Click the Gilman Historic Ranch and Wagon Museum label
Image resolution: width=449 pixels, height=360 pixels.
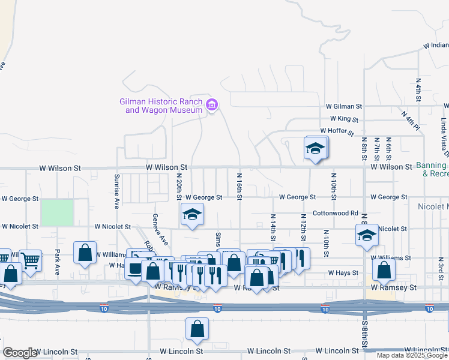pos(161,106)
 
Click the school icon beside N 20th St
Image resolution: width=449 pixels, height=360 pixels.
pos(191,215)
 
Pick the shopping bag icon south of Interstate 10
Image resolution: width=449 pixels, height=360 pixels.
pos(197,329)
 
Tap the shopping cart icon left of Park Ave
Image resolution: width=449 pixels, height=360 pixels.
pos(30,260)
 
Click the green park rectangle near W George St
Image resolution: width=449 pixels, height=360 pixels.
pos(57,212)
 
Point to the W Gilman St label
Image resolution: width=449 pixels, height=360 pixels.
pos(344,106)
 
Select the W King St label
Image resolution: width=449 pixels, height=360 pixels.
pos(340,119)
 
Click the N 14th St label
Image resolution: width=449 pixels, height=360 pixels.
pos(273,227)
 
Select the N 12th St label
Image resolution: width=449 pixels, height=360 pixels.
pos(304,227)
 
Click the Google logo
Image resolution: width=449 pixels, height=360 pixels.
pos(20,353)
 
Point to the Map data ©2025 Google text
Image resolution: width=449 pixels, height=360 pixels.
pos(411,355)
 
